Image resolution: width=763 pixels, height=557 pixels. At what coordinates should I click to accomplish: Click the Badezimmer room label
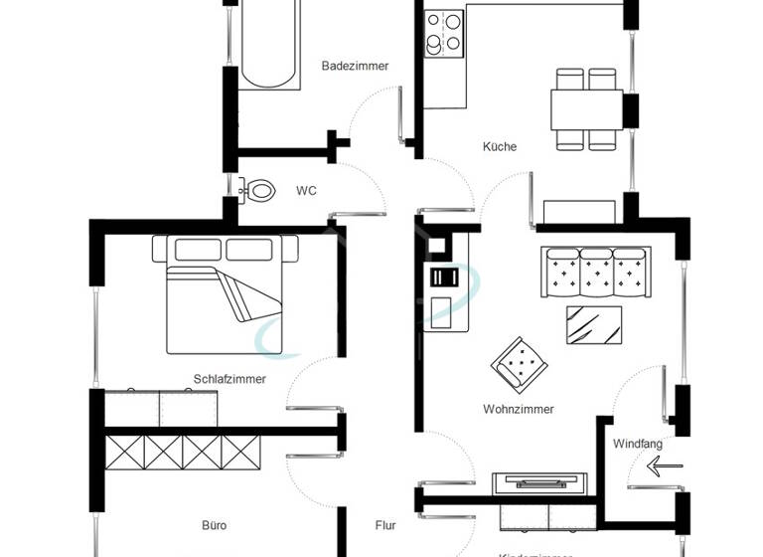point(355,67)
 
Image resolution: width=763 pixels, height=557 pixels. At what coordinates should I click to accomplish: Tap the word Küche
point(500,147)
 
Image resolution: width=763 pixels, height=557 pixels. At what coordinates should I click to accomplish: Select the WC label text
point(306,191)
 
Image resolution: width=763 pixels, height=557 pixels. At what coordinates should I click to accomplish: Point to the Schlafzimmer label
point(229,379)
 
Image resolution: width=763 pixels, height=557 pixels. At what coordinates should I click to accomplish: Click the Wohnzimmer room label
point(519,409)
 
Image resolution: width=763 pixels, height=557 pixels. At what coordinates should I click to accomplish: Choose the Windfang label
point(638,444)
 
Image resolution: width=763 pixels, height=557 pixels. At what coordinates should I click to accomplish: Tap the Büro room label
point(214,525)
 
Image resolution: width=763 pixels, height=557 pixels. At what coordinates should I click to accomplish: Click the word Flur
point(385,525)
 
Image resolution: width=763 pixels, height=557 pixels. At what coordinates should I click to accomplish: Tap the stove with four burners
point(444,32)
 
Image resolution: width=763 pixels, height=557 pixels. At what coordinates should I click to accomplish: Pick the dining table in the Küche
point(587,108)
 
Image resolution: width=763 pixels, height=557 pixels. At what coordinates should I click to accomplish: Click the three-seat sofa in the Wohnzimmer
point(591,272)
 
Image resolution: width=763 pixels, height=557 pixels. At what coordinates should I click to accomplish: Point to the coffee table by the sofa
point(595,324)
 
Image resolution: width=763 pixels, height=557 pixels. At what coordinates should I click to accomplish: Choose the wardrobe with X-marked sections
point(183,453)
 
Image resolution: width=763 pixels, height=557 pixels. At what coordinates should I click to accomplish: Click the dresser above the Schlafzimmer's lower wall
point(161,408)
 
